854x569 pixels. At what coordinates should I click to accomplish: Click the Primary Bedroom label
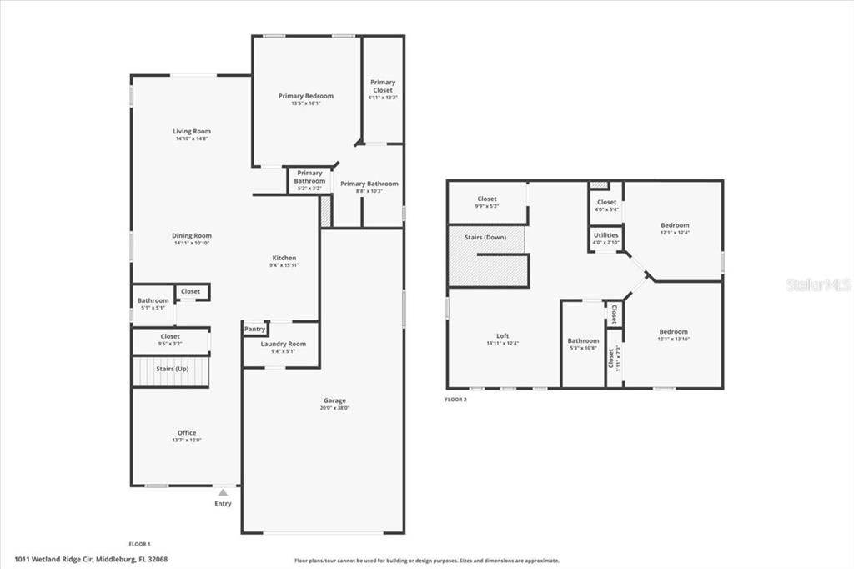305,96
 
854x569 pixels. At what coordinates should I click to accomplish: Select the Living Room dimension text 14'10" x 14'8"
192,139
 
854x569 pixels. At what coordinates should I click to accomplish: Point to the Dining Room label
192,235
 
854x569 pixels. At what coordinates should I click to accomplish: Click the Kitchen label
284,258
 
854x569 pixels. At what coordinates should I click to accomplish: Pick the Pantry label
255,330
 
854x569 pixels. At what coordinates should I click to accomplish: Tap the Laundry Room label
284,344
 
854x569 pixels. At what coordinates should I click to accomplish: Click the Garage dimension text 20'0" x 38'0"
335,409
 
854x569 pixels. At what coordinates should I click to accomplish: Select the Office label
187,432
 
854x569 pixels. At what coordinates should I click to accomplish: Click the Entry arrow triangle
223,493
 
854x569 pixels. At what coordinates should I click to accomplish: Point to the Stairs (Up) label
172,368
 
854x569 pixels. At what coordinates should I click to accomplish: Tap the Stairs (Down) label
485,238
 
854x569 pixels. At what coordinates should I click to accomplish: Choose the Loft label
502,335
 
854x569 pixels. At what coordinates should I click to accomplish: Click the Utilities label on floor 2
605,235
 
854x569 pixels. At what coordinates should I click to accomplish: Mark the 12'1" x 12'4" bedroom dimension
675,233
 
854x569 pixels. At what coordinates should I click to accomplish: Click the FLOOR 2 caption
455,400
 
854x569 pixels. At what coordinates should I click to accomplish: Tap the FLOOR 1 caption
139,543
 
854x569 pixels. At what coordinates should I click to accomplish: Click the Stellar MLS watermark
818,284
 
